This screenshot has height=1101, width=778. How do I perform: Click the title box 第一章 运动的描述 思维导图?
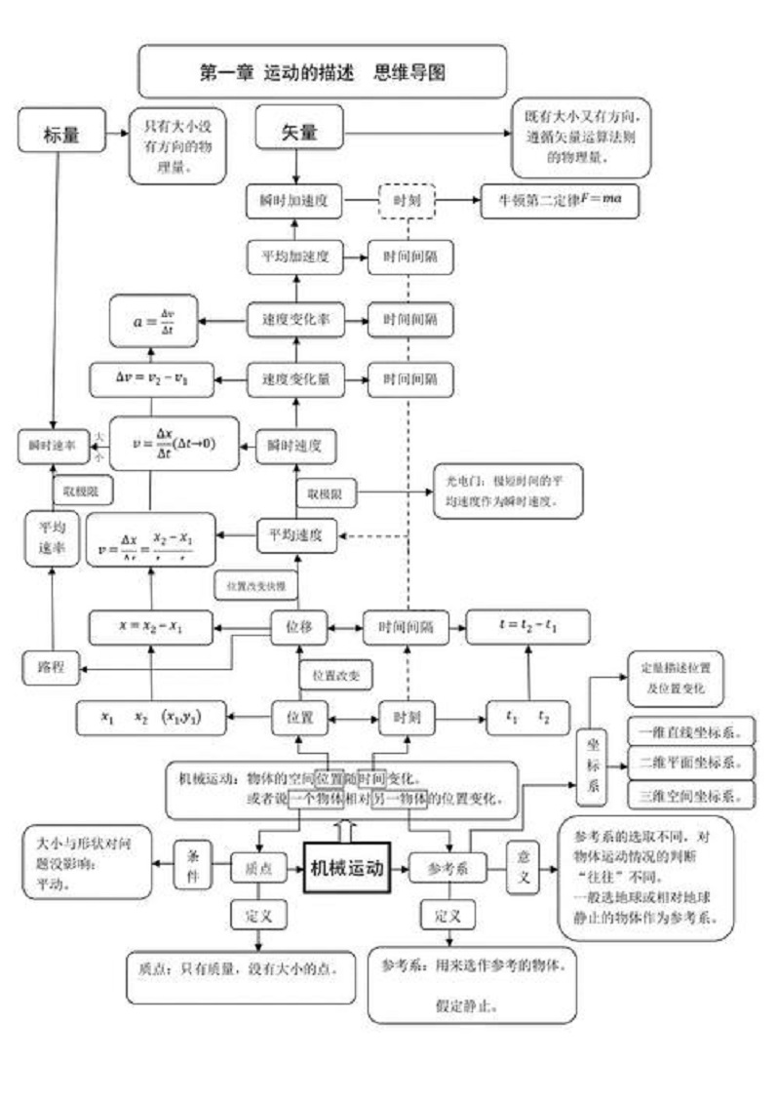323,72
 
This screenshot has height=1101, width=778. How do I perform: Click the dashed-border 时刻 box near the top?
407,202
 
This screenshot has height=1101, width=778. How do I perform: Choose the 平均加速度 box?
294,257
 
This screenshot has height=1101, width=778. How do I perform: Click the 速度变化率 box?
294,319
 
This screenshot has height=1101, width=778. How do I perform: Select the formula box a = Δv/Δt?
154,320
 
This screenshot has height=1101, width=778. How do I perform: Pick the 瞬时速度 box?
294,446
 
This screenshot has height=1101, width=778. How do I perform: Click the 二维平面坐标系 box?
691,761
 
